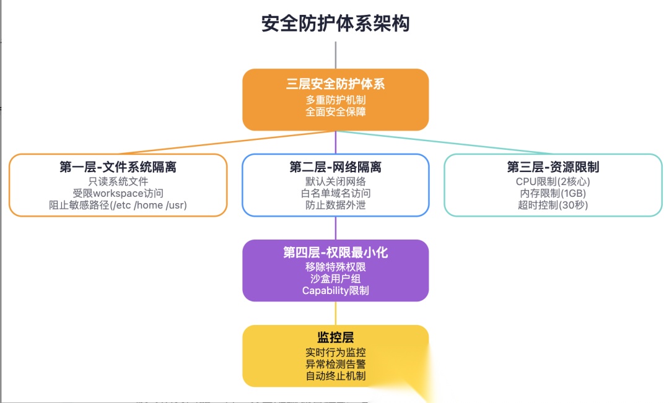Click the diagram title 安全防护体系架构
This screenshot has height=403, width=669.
(335, 24)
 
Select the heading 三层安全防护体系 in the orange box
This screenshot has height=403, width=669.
(335, 84)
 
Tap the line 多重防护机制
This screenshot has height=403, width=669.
(335, 100)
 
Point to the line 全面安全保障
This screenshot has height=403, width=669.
(335, 111)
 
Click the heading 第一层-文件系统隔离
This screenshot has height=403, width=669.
(118, 167)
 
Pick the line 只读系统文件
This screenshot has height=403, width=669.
(118, 181)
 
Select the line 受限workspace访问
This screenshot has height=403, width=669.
(118, 193)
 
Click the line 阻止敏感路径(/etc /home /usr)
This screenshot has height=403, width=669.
(118, 205)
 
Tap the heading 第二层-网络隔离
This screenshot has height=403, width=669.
(335, 167)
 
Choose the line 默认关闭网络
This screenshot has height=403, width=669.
(335, 181)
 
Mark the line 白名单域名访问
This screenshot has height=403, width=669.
(335, 193)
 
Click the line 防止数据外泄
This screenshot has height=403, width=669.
(335, 205)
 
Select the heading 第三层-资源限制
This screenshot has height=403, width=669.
(553, 167)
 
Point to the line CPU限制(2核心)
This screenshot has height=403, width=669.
(553, 181)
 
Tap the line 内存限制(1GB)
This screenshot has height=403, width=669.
(553, 193)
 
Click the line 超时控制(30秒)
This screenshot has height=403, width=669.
(553, 205)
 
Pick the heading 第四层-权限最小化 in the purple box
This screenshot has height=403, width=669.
(335, 253)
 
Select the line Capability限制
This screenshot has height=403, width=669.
(335, 290)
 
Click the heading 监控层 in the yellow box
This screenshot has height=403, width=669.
(335, 337)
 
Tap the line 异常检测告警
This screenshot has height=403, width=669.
(335, 364)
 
